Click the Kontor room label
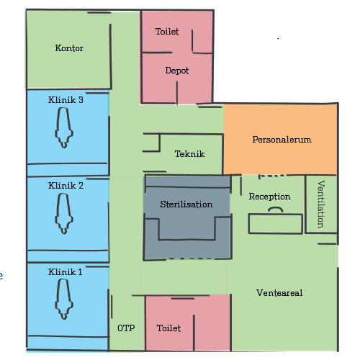click(69, 48)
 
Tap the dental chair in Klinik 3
click(64, 127)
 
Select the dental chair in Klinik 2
click(64, 213)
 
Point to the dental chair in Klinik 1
click(64, 299)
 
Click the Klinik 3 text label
click(66, 100)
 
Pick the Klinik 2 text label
click(66, 186)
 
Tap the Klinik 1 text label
click(66, 272)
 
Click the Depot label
click(177, 71)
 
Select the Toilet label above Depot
click(167, 32)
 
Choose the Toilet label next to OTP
click(168, 328)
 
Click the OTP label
click(126, 328)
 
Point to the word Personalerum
click(282, 140)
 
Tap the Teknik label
click(189, 154)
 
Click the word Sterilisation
click(186, 204)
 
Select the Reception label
click(269, 197)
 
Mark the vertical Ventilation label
click(321, 204)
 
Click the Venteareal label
click(279, 293)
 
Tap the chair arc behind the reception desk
click(276, 207)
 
